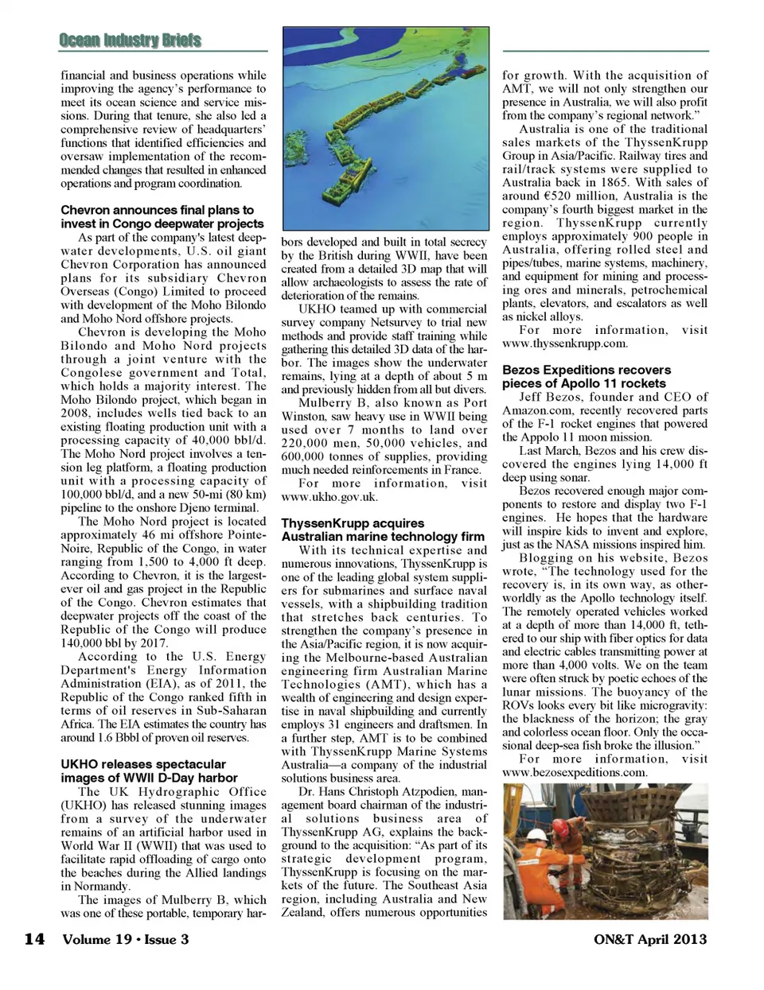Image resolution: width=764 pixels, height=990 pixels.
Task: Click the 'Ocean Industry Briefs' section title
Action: [x=130, y=41]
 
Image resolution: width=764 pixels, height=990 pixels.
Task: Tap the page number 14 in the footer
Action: [x=34, y=939]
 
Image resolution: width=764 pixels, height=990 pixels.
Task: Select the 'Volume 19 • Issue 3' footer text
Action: [x=126, y=939]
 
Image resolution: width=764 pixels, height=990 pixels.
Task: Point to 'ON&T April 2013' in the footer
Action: [x=649, y=939]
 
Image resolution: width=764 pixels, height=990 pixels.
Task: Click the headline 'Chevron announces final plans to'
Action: [x=158, y=210]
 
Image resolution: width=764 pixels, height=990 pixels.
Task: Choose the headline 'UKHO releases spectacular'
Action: [x=143, y=764]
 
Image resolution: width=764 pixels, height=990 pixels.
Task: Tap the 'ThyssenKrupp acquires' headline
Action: [x=353, y=523]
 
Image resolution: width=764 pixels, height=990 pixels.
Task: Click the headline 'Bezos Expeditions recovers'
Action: [x=587, y=370]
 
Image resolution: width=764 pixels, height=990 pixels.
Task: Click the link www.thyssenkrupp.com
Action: [x=565, y=344]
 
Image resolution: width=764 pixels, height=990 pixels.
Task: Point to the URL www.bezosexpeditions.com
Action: [x=575, y=772]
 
